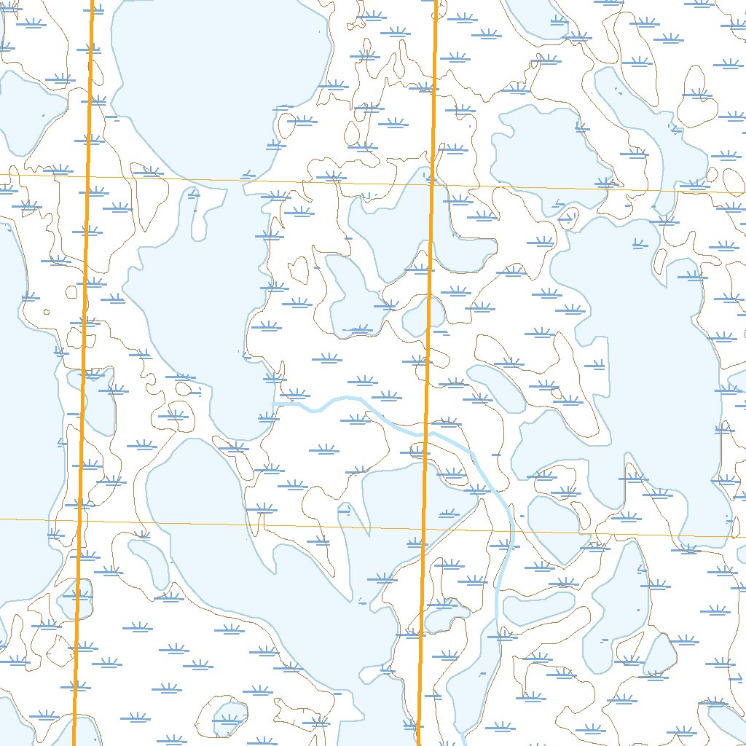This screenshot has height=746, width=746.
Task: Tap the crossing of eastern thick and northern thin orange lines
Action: pyautogui.click(x=431, y=184)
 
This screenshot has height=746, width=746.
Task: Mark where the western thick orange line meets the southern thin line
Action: pyautogui.click(x=80, y=520)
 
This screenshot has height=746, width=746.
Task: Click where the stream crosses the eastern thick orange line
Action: pyautogui.click(x=425, y=433)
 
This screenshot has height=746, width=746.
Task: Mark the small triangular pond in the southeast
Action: pyautogui.click(x=660, y=653)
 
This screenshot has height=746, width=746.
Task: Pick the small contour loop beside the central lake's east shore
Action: pyautogui.click(x=299, y=270)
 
